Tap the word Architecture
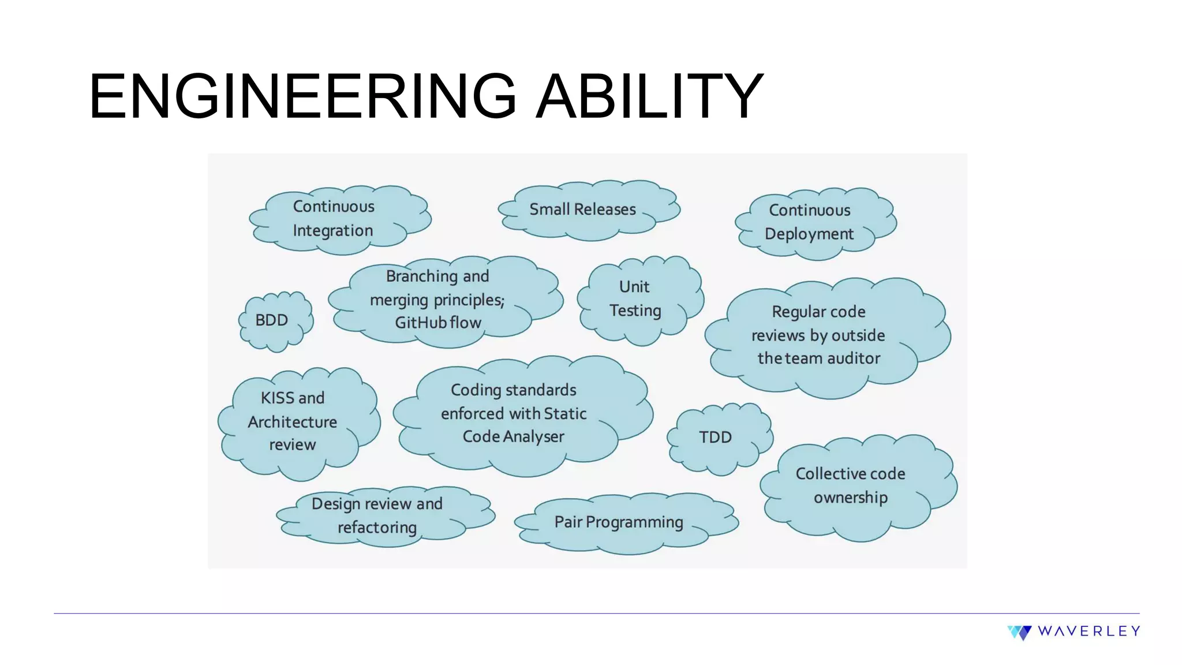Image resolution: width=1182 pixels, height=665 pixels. pos(293,423)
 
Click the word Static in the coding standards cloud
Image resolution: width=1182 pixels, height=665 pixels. pos(565,414)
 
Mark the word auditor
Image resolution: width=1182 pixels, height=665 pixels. pos(854,358)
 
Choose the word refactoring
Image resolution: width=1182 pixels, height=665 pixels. pos(377,528)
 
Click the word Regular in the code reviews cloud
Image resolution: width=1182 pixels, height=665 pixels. pos(795,312)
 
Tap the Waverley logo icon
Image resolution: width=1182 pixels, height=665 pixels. pos(1020,632)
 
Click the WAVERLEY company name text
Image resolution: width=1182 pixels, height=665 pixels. pos(1089,632)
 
